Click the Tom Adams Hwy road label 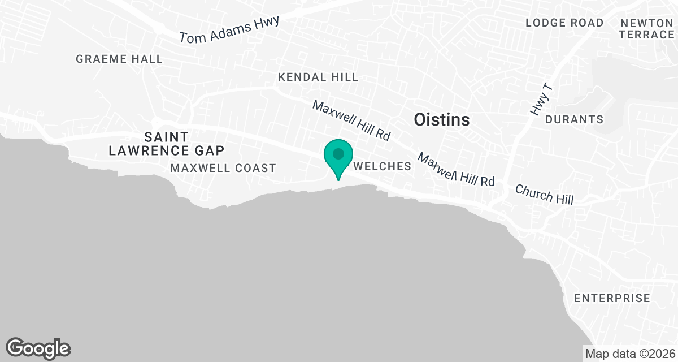(229, 29)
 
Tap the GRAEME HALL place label (119, 59)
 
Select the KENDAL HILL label (318, 77)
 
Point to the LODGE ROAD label (564, 23)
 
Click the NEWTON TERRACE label (647, 29)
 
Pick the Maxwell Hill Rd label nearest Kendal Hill (351, 120)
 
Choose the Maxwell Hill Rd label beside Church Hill (456, 169)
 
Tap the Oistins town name (442, 120)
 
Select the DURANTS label (574, 120)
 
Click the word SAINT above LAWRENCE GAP (166, 136)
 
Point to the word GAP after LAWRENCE (208, 150)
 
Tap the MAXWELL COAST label (223, 168)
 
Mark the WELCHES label (382, 167)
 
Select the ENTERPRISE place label (612, 298)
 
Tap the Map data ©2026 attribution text (630, 354)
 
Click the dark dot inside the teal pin (338, 153)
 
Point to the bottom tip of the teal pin (338, 180)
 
